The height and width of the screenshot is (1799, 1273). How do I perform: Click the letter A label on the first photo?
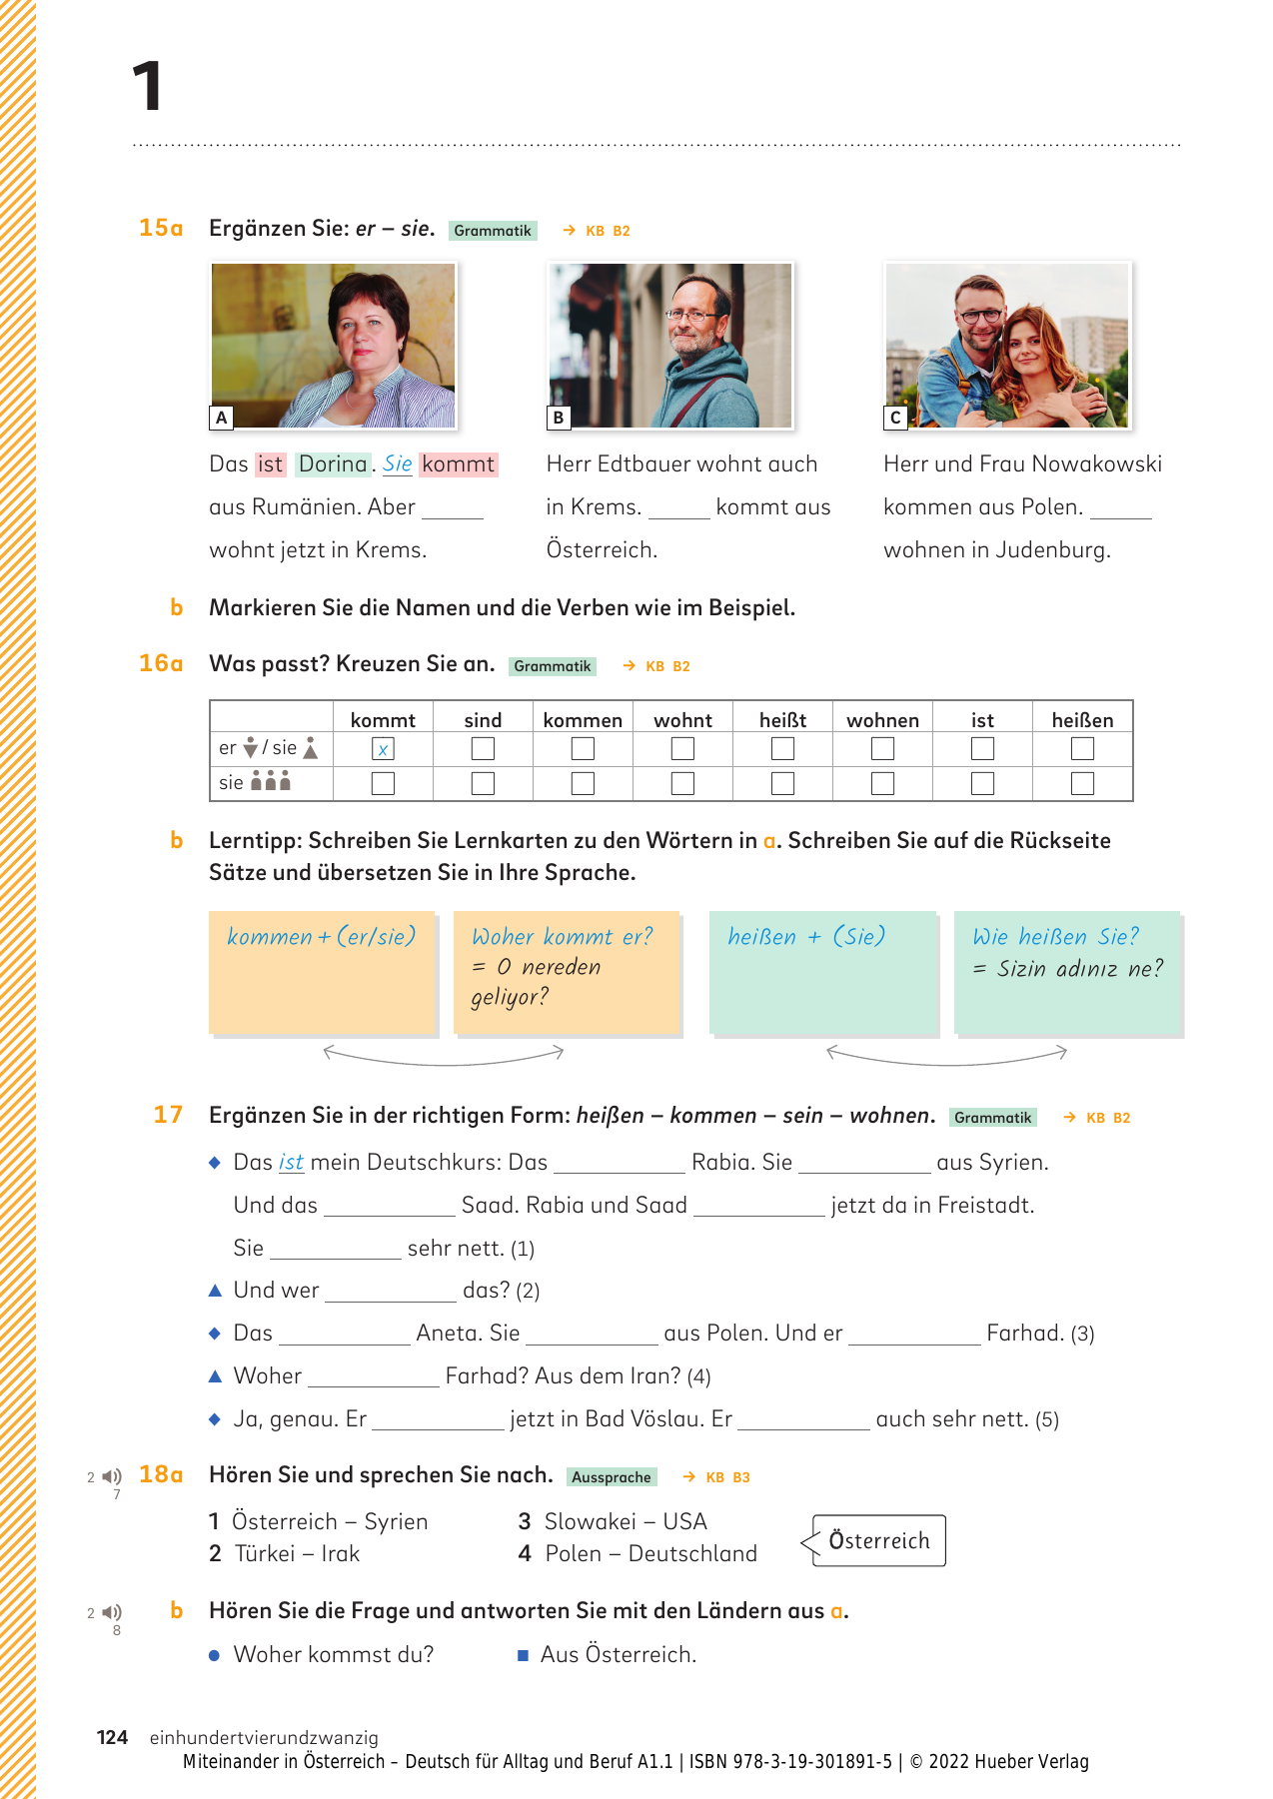222,418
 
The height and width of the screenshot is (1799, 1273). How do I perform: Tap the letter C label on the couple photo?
895,418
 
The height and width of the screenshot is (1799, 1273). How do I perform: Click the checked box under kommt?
383,749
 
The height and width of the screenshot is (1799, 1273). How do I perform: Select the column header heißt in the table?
782,720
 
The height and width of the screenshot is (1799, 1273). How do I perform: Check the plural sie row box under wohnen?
882,783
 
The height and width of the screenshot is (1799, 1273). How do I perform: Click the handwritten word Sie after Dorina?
397,464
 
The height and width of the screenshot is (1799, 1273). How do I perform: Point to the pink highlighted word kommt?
458,464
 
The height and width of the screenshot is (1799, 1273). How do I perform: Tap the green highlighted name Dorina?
333,464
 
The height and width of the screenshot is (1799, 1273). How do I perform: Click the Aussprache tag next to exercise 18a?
612,1477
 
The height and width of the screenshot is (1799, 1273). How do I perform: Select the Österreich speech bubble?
878,1541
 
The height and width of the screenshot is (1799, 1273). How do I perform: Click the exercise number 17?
168,1115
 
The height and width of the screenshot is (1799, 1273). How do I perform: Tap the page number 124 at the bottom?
112,1737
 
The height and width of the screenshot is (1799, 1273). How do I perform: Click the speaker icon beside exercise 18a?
112,1476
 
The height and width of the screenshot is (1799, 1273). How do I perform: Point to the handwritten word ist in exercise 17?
291,1163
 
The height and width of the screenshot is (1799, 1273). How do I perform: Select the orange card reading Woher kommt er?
566,971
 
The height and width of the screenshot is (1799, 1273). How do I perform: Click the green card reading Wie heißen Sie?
1067,971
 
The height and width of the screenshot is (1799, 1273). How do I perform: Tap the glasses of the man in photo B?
689,316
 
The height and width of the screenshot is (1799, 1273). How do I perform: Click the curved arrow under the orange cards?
444,1055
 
